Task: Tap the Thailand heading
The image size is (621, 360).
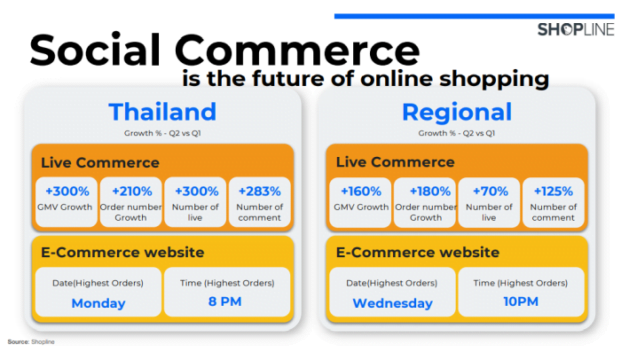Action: (162, 111)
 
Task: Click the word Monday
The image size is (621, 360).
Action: (97, 303)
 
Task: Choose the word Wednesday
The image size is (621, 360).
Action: (392, 303)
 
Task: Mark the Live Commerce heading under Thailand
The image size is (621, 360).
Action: (90, 162)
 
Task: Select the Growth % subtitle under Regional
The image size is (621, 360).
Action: (455, 132)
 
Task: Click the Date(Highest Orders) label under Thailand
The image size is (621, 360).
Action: (97, 283)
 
